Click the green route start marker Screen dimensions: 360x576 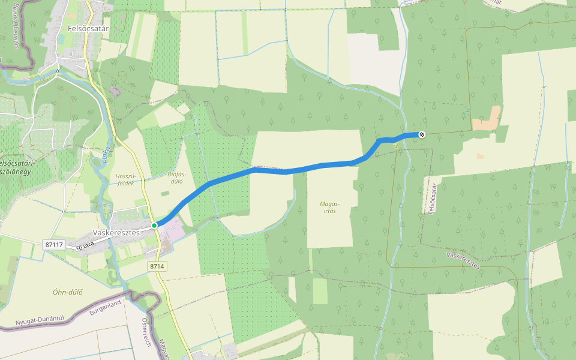tap(154, 225)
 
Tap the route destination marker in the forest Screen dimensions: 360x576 tap(422, 134)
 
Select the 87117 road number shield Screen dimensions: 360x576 tap(54, 245)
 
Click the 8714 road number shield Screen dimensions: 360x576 tap(157, 265)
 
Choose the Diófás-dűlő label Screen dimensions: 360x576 tap(175, 177)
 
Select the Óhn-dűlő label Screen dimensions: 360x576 tap(67, 293)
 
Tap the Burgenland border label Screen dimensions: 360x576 tap(105, 308)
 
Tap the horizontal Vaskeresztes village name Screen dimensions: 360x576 tap(116, 232)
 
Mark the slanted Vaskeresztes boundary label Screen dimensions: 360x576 tap(463, 260)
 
